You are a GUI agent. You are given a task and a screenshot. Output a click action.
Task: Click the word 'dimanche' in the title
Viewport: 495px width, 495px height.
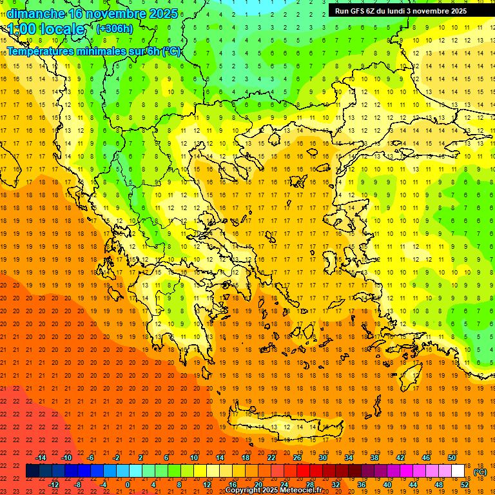click(35, 13)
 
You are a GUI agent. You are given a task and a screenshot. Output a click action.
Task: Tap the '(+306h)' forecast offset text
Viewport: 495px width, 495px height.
click(115, 28)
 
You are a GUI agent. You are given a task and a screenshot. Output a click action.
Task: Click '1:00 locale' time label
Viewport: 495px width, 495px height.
click(46, 29)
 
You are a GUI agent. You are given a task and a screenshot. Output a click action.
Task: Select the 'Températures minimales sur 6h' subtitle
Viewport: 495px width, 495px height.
click(93, 51)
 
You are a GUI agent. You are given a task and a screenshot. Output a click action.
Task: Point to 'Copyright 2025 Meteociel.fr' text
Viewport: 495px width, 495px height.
click(273, 490)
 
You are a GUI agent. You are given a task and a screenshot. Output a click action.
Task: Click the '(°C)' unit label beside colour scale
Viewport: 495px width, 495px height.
click(480, 472)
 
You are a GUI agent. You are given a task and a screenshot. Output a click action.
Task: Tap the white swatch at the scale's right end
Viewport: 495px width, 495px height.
click(458, 471)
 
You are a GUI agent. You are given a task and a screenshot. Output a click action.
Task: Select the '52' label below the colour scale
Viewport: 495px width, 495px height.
click(465, 485)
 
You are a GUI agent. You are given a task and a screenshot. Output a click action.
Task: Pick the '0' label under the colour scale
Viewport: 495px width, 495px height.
click(128, 485)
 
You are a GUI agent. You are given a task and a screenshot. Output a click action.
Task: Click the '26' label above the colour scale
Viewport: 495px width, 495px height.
click(297, 458)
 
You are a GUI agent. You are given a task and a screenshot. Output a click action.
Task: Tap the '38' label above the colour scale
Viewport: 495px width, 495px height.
click(374, 458)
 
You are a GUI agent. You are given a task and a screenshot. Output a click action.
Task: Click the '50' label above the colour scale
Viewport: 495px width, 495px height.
click(452, 458)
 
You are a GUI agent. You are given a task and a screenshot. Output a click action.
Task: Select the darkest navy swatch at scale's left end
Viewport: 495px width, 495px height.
click(32, 471)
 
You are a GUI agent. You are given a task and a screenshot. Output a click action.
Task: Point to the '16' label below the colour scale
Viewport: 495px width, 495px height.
click(233, 485)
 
